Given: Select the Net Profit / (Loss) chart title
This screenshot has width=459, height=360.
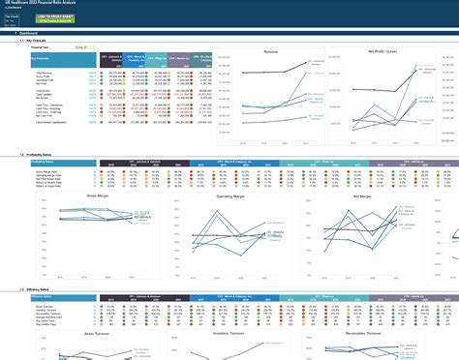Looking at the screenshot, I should click(x=373, y=50).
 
